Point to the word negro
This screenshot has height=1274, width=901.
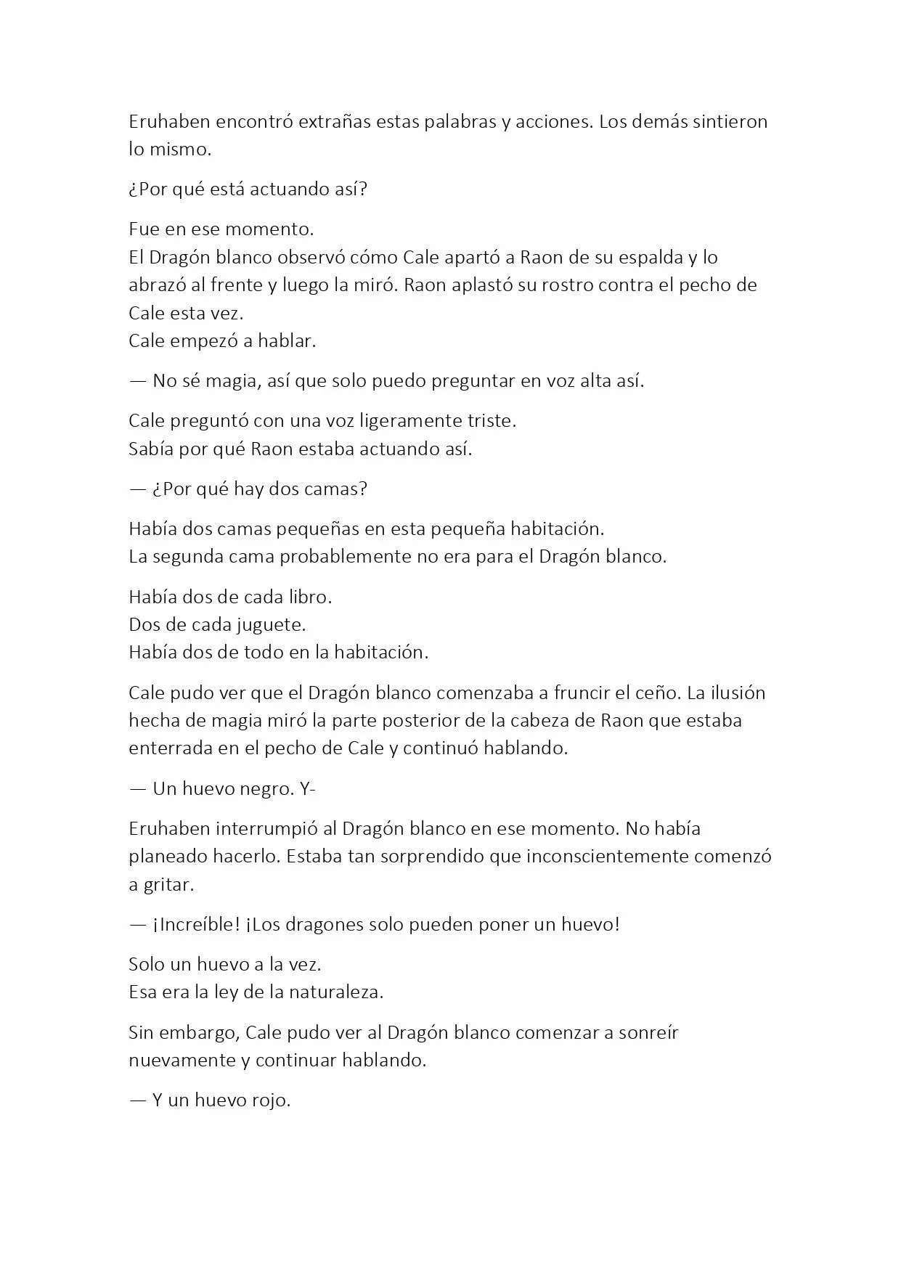point(264,789)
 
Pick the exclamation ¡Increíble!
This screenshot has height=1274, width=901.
point(196,925)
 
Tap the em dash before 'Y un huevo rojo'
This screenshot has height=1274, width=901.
point(138,1101)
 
